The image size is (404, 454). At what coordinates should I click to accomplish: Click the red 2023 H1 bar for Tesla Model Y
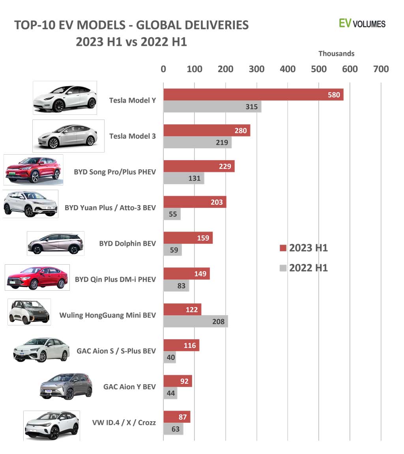(x=252, y=95)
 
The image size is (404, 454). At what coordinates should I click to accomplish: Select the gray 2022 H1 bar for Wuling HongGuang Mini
(x=195, y=321)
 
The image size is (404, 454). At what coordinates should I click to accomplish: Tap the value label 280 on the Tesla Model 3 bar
(x=240, y=131)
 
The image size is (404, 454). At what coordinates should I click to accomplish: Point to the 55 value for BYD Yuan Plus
(x=173, y=214)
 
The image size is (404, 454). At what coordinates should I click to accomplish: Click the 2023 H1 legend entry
(x=304, y=248)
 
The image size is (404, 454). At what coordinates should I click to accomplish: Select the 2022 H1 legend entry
(x=304, y=268)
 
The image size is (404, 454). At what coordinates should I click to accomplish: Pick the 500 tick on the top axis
(x=319, y=69)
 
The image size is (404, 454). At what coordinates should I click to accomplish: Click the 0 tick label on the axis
(x=163, y=69)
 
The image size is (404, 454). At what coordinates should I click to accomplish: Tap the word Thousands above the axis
(x=336, y=54)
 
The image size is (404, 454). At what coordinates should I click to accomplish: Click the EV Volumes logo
(x=362, y=23)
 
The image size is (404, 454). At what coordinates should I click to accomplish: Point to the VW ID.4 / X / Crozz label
(x=124, y=422)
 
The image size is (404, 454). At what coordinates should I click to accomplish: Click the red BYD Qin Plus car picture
(x=37, y=277)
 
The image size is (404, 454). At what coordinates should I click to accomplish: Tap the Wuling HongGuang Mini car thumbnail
(x=29, y=312)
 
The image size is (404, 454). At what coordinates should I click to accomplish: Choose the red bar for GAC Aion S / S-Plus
(x=181, y=345)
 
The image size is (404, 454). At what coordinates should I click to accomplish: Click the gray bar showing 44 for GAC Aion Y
(x=170, y=393)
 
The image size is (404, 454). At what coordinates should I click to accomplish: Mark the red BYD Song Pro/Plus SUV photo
(x=33, y=170)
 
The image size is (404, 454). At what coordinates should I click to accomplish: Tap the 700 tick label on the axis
(x=381, y=69)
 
